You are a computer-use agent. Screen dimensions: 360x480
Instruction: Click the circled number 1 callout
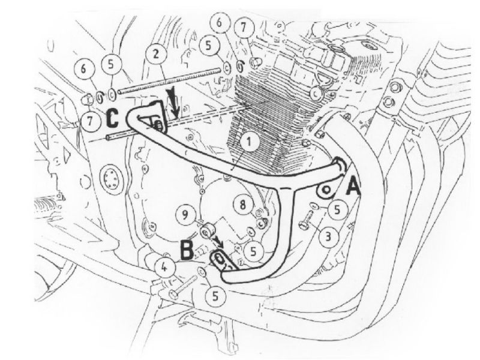tap(248, 142)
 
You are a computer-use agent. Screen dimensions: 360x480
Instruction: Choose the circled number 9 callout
tap(185, 212)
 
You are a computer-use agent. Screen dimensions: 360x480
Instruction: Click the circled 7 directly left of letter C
tap(90, 122)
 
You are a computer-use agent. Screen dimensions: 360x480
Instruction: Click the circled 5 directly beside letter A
tap(337, 209)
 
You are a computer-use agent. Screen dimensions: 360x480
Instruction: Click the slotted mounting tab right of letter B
tap(221, 260)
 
